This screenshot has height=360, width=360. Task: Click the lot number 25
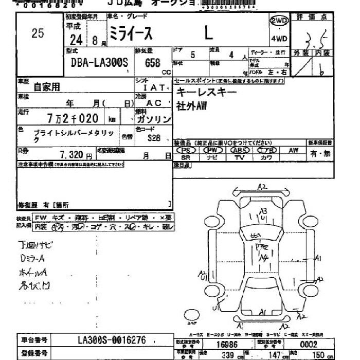[x=38, y=34]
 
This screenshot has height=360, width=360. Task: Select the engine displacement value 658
[x=152, y=64]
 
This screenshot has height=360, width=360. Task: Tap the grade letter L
[x=208, y=34]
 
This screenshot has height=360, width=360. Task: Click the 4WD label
[x=279, y=38]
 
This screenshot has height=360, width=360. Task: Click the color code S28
[x=154, y=138]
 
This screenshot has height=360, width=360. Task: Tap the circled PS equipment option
[x=186, y=150]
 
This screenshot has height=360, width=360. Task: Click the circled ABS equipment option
[x=239, y=150]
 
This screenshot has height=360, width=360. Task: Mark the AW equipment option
[x=293, y=150]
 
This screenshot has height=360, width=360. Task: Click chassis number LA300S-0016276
[x=112, y=340]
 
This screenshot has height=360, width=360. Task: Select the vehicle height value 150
[x=319, y=355]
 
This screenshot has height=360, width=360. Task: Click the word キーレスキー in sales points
[x=207, y=92]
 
